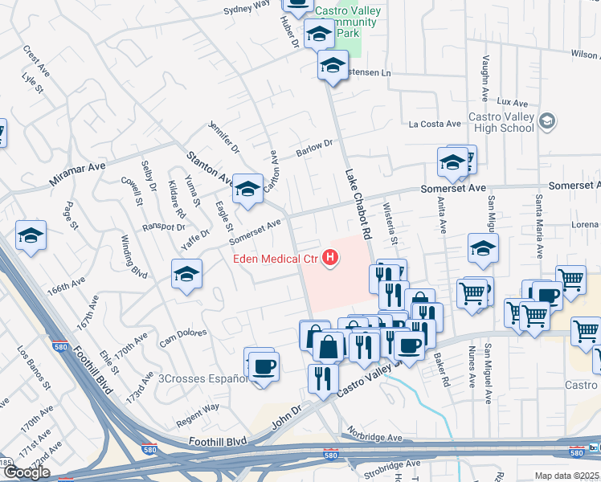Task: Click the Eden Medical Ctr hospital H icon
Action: (329, 258)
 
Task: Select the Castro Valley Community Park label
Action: (347, 22)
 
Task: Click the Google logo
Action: (26, 472)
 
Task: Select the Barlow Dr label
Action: (314, 146)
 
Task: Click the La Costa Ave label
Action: (435, 124)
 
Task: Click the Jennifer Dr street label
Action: (224, 137)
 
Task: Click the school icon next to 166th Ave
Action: (186, 275)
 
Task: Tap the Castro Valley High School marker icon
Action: (547, 121)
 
